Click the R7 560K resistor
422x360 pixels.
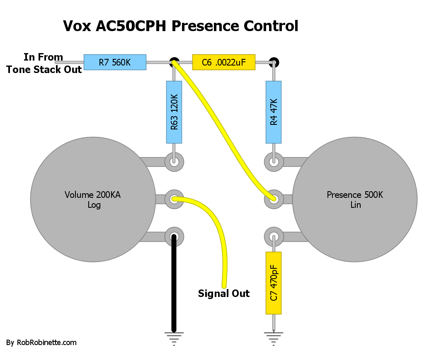point(115,62)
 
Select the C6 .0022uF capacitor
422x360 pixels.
point(224,62)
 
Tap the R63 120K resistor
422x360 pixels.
point(174,112)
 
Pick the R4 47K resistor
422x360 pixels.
point(274,112)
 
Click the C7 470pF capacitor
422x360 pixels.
point(274,283)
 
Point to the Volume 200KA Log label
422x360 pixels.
point(93,199)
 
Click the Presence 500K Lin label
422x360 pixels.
point(355,199)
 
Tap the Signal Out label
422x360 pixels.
point(224,293)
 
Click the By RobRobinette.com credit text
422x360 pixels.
point(41,343)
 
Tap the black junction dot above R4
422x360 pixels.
point(274,63)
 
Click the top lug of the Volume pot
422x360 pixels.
point(174,162)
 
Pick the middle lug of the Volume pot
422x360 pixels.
point(174,199)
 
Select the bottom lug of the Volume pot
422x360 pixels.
point(174,237)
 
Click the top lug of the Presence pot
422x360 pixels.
point(274,162)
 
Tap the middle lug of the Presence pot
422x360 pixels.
point(274,199)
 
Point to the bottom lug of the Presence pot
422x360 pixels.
point(274,237)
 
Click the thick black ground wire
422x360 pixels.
point(174,283)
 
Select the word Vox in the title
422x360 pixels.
point(77,26)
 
